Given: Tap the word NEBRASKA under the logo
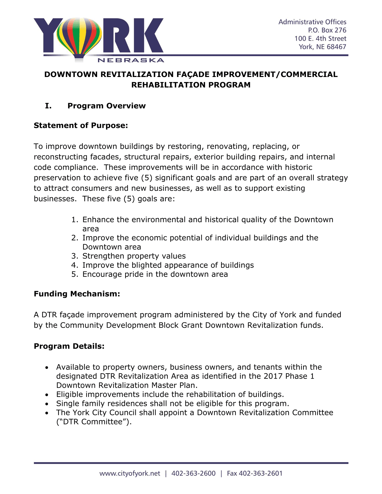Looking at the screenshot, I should pos(131,60).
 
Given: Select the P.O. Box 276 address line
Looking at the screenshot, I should pos(327,30).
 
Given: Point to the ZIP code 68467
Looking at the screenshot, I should pos(336,47).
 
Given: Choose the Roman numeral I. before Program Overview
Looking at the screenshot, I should pos(48,106).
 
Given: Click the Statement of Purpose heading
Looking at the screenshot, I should pos(81,125).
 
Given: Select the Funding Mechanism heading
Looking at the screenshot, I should pos(77,294).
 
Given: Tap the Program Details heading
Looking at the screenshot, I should pos(69,346).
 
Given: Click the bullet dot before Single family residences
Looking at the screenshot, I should pos(47,404).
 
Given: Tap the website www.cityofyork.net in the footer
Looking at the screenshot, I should pos(130,473).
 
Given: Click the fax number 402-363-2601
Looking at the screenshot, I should pos(261,473).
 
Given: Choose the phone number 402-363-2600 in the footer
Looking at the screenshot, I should pos(194,473).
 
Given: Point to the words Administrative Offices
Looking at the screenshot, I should pos(312,22).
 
